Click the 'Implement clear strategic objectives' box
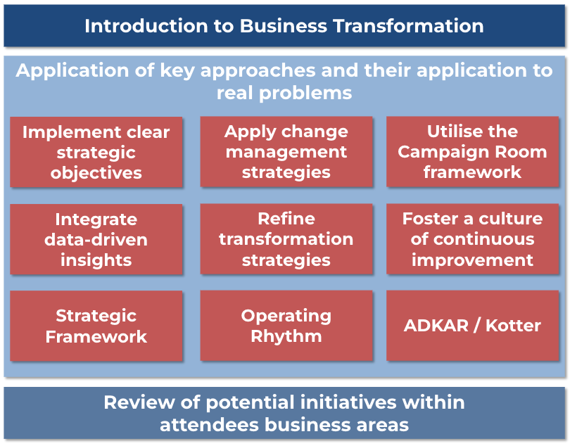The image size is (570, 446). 96,152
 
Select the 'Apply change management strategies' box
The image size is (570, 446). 286,151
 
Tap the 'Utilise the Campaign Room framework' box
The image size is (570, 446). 473,151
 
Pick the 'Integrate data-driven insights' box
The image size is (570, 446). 96,239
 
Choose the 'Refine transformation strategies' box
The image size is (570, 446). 286,238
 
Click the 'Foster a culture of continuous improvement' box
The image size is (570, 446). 473,238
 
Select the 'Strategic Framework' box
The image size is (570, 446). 96,326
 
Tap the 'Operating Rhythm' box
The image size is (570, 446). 286,325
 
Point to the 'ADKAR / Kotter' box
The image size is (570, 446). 473,325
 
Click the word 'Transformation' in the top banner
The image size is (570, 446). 408,26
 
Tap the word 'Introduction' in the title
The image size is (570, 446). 146,26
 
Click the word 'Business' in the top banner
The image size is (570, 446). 284,26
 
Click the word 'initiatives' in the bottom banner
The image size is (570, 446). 348,402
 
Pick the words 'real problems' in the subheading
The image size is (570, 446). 284,93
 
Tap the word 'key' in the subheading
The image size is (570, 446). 177,71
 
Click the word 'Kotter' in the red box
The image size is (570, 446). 513,325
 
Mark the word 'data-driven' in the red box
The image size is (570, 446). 96,240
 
